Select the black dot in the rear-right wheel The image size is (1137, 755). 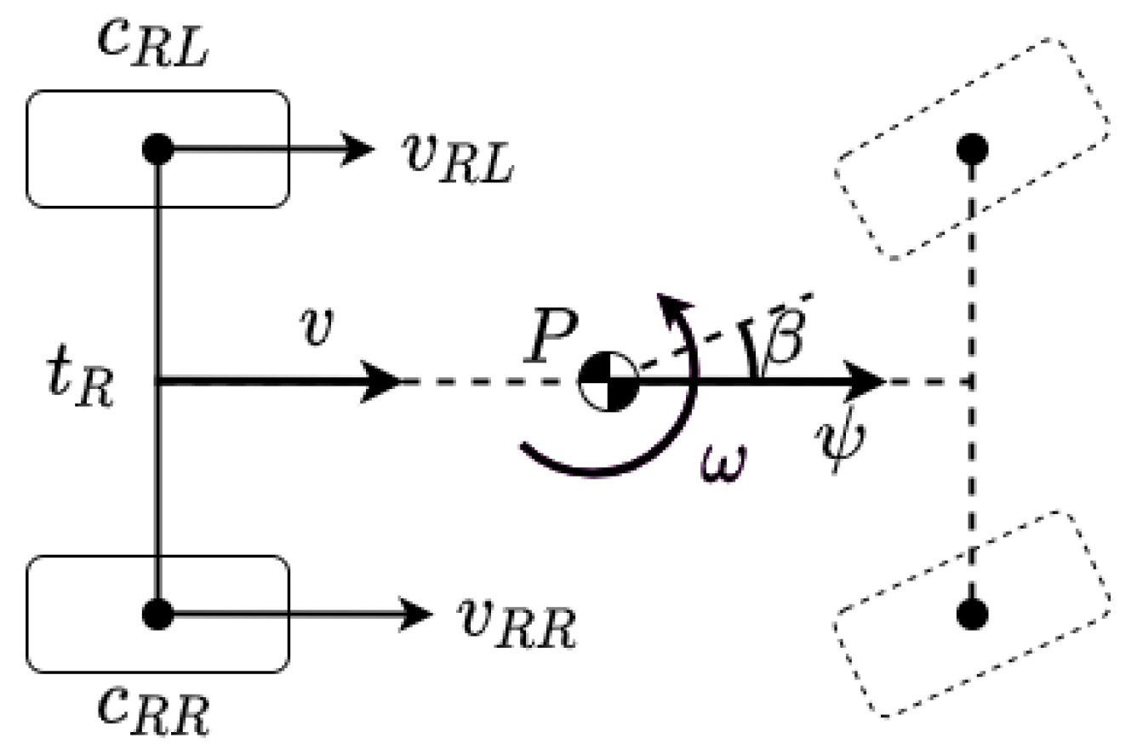158,612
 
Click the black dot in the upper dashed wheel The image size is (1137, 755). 972,150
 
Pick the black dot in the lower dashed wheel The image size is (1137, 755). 972,612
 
